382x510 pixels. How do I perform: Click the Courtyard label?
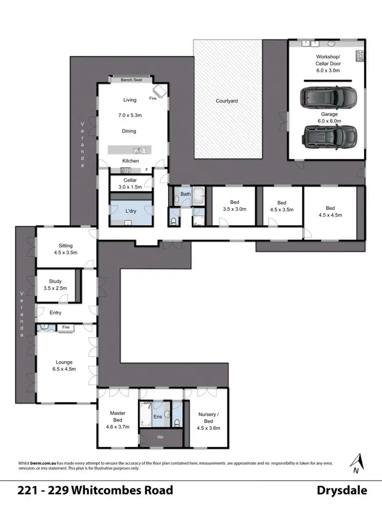coord(227,101)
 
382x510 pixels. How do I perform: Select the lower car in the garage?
coord(329,135)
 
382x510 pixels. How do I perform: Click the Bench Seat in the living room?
coord(131,80)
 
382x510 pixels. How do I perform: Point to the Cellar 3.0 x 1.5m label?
coord(130,184)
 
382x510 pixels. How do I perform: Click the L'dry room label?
coord(131,211)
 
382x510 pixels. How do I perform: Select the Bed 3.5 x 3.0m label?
coord(234,205)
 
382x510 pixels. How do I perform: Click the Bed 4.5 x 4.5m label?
coord(331,211)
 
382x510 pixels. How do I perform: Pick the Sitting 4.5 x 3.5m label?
coord(65,248)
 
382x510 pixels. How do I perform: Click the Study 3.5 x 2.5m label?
coord(55,284)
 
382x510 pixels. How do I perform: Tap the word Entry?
coord(56,313)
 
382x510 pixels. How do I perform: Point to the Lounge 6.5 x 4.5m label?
coord(64,366)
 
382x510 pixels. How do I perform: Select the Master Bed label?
coord(118,417)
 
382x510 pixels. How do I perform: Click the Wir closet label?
coord(160,438)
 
